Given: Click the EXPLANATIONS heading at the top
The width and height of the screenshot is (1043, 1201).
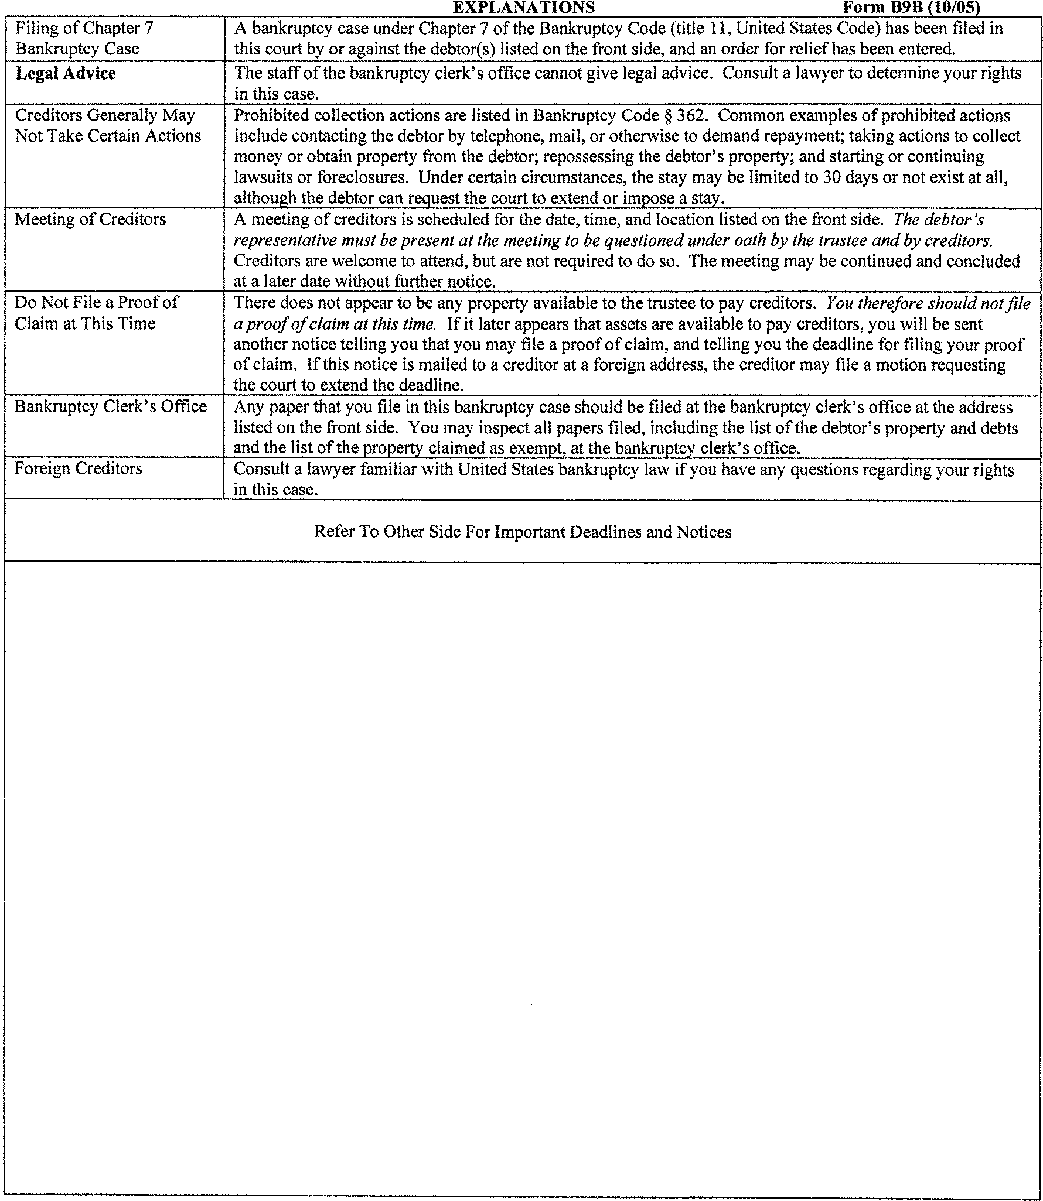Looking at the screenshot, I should click(x=524, y=7).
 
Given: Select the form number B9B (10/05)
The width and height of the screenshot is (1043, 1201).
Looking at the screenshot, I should click(x=911, y=7).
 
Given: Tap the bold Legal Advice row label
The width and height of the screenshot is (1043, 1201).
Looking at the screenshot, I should click(x=66, y=74).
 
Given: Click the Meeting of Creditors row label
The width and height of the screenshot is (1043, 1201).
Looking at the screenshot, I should click(x=90, y=220).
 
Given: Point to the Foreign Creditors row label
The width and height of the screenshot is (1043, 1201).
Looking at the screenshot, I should click(x=78, y=468).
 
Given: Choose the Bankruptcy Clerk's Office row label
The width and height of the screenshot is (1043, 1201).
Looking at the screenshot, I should click(x=111, y=406).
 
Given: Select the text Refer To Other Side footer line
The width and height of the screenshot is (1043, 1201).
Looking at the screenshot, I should click(x=523, y=532).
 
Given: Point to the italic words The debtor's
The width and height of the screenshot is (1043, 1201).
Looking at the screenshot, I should click(x=938, y=220).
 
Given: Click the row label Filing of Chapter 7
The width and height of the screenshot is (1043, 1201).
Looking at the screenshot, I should click(x=84, y=29).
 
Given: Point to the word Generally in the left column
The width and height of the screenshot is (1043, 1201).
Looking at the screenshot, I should click(x=122, y=115).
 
